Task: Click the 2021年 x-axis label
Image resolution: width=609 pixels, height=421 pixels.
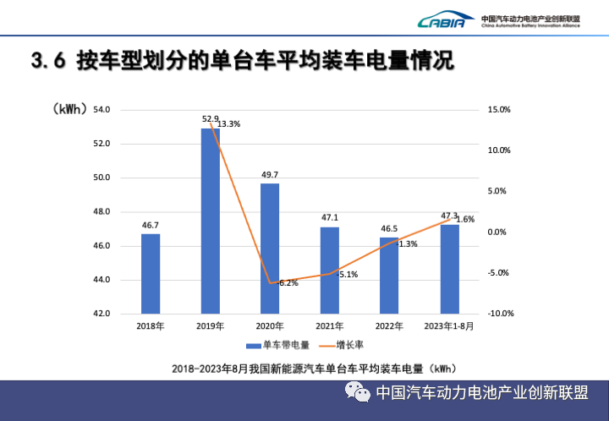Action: [329, 325]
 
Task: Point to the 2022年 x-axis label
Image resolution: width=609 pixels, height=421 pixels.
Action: [389, 325]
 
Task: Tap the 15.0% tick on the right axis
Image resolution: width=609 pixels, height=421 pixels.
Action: [499, 110]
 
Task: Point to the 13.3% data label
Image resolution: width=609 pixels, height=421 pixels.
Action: [228, 124]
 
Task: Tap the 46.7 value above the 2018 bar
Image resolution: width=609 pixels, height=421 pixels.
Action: [151, 226]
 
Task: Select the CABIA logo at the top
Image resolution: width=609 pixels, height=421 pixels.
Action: [442, 20]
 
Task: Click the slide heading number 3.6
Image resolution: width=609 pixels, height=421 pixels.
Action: [47, 61]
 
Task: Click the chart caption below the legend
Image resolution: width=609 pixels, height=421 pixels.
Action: [314, 368]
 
